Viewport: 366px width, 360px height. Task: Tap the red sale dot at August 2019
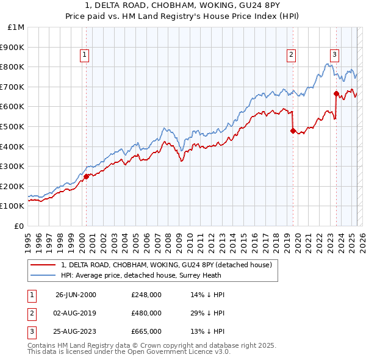click(293, 131)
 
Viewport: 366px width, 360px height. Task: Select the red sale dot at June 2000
click(86, 176)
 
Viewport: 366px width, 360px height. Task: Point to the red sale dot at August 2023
click(336, 93)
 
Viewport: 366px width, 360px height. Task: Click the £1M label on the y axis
click(16, 27)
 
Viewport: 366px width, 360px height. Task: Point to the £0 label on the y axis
click(20, 226)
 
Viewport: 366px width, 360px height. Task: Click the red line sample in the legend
click(43, 265)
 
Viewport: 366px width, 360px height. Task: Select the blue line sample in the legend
click(43, 275)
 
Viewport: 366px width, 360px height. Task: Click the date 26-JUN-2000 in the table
click(76, 295)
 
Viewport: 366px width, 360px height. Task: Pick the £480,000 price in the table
click(146, 313)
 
